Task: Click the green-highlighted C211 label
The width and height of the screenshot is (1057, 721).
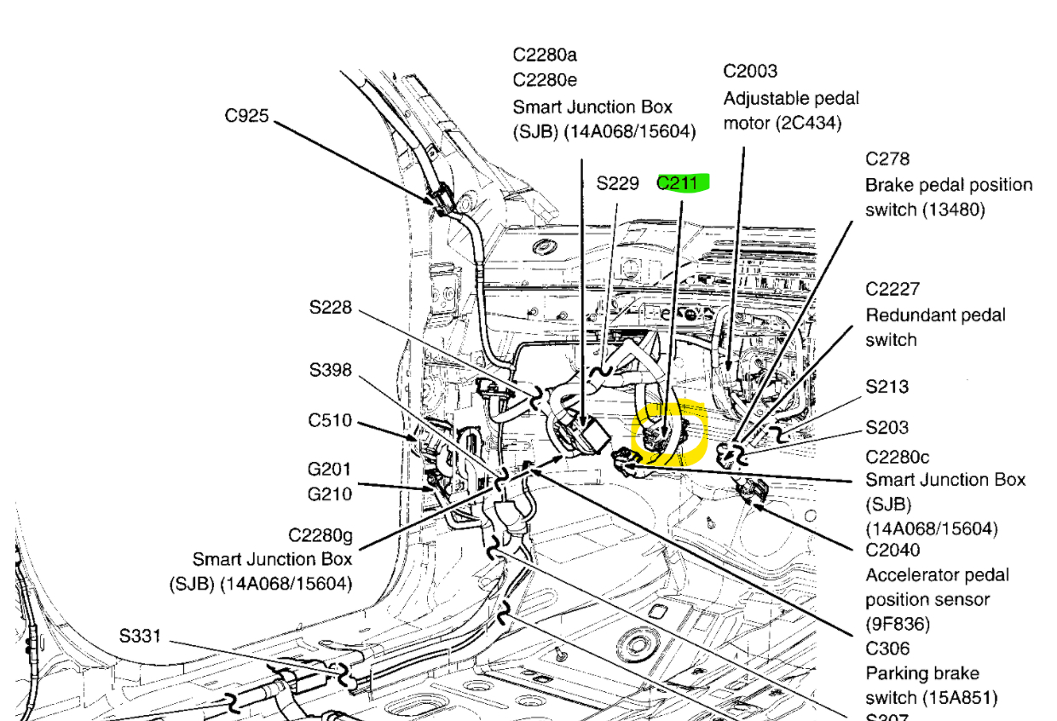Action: (x=682, y=182)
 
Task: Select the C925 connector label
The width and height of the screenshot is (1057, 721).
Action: (x=247, y=115)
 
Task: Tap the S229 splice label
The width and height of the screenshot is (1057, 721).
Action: (x=618, y=182)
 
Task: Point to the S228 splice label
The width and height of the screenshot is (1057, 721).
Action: (x=331, y=307)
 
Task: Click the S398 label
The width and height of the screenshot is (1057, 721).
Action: (x=331, y=370)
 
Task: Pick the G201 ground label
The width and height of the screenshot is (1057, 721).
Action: (x=330, y=469)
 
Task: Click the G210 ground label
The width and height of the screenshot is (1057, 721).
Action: (x=330, y=493)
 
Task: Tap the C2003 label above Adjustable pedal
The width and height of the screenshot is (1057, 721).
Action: (x=750, y=72)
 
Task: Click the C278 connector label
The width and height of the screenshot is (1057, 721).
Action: (x=887, y=159)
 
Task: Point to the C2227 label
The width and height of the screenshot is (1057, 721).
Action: (x=892, y=289)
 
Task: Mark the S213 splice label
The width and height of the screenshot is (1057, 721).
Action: (x=887, y=386)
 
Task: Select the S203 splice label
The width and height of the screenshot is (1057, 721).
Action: (x=887, y=427)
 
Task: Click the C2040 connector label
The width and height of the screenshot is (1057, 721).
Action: (x=892, y=550)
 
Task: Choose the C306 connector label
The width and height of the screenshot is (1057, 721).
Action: (x=887, y=649)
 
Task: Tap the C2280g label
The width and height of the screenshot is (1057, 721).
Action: (x=320, y=534)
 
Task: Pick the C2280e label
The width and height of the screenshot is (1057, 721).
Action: (x=545, y=80)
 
